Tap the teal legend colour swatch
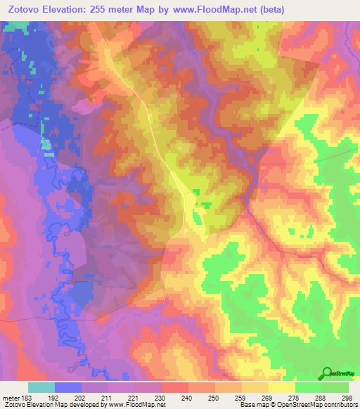41,387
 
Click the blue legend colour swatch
68,387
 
